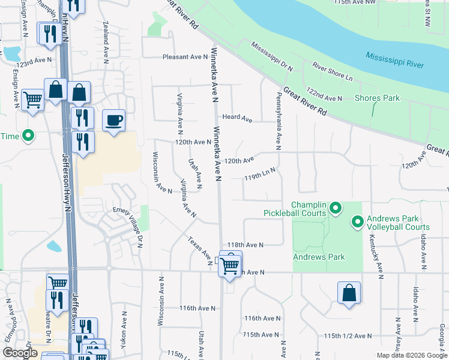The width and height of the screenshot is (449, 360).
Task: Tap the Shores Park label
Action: click(x=377, y=98)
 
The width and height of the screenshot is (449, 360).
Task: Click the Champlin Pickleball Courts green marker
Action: click(x=336, y=209)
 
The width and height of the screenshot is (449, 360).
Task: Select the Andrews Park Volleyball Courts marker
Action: click(x=357, y=223)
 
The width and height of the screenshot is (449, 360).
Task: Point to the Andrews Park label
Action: click(x=319, y=257)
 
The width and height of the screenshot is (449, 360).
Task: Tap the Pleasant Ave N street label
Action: click(x=185, y=57)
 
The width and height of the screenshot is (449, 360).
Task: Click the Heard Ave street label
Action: click(x=237, y=118)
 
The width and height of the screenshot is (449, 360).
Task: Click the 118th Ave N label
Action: click(x=246, y=245)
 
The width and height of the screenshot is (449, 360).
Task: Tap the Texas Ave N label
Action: click(x=199, y=245)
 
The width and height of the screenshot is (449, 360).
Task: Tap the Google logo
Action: click(x=20, y=353)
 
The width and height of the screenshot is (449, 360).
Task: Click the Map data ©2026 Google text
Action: click(x=411, y=355)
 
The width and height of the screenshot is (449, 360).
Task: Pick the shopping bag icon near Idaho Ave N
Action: click(x=349, y=294)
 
